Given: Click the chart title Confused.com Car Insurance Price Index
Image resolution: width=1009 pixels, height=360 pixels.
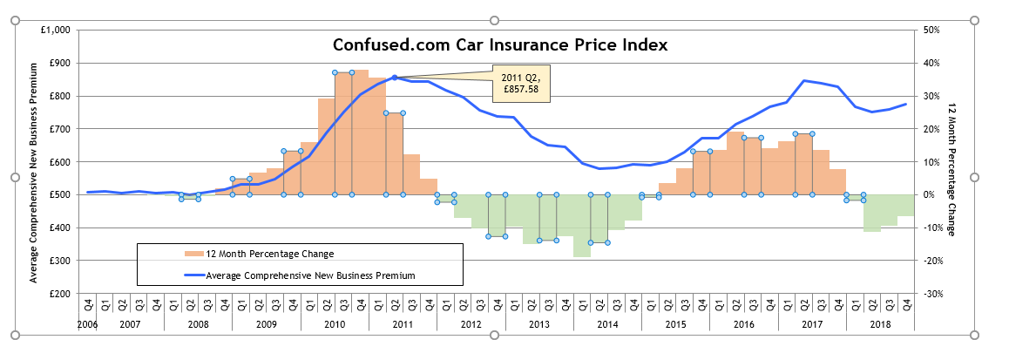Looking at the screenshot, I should coord(500,45).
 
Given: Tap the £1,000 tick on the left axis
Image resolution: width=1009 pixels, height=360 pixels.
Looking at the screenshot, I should coord(56,30).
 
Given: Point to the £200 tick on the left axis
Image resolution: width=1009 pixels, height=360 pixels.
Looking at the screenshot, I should coord(61,294).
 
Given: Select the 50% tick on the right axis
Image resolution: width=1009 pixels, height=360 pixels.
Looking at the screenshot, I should coord(931,30).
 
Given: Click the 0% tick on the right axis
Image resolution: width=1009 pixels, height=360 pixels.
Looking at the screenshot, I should coord(928,195).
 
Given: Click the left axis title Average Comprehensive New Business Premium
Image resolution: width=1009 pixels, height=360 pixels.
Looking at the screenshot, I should coord(33,162).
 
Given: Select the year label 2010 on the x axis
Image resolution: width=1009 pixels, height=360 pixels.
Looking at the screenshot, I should coord(335,324).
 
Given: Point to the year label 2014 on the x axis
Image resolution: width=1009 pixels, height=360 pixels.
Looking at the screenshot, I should coord(607,324).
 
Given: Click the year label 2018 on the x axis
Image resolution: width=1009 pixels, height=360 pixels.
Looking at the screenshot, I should coord(880,324).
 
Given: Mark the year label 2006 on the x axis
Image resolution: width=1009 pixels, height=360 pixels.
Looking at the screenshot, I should coord(87,324).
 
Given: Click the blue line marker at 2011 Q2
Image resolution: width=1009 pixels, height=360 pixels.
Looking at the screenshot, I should coord(394,78).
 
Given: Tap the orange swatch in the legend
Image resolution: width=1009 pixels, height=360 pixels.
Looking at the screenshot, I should coord(193,254).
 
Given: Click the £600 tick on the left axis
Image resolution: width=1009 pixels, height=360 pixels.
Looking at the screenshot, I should coord(61,162).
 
